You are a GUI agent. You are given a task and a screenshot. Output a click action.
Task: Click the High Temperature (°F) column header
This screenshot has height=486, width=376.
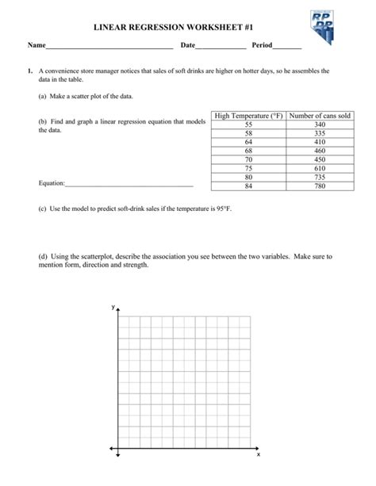point(248,117)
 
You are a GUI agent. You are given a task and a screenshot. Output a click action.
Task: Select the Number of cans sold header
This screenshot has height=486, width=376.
point(320,117)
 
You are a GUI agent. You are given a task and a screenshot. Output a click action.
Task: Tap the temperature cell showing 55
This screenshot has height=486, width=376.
point(248,125)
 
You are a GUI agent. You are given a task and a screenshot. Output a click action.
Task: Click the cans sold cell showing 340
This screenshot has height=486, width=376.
point(320,125)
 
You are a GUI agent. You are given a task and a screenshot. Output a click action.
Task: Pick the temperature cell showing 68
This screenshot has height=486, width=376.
point(248,151)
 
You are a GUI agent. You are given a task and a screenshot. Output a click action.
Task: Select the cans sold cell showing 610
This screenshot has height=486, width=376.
point(320,168)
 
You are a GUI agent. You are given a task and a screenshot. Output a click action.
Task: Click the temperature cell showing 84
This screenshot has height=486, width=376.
point(248,186)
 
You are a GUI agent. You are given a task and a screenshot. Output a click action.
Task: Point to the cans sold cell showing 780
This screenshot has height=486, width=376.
point(320,186)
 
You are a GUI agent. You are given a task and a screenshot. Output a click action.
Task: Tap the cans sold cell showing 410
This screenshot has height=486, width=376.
point(320,143)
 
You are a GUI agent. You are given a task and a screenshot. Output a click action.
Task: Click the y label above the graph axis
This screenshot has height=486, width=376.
point(113,305)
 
